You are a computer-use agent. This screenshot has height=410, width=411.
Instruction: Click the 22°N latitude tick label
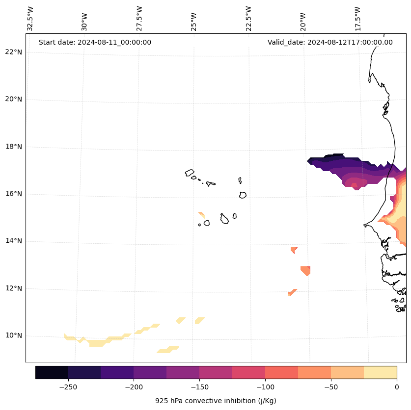(x=13, y=52)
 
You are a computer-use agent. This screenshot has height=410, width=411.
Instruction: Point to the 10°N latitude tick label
(x=13, y=335)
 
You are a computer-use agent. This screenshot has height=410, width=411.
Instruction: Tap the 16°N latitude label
(x=13, y=194)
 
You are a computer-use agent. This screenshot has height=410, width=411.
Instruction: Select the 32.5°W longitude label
(x=30, y=19)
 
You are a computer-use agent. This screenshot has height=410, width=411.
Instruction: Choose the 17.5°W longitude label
(x=357, y=19)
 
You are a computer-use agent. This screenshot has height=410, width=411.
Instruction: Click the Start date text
(x=95, y=42)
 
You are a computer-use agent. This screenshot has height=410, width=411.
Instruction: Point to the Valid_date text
(x=330, y=42)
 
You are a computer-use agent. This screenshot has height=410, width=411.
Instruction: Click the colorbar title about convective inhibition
(x=216, y=401)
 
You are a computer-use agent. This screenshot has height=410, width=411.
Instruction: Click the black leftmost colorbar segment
(x=52, y=372)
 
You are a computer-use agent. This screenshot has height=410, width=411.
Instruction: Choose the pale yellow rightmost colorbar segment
(x=380, y=372)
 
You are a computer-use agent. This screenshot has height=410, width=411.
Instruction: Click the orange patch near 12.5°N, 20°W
(x=305, y=270)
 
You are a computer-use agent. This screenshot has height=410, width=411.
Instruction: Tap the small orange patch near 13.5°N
(x=294, y=250)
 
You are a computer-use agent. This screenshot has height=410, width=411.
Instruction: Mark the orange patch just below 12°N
(x=292, y=293)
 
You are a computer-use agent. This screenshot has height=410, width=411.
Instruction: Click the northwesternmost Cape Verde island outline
(x=190, y=173)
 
